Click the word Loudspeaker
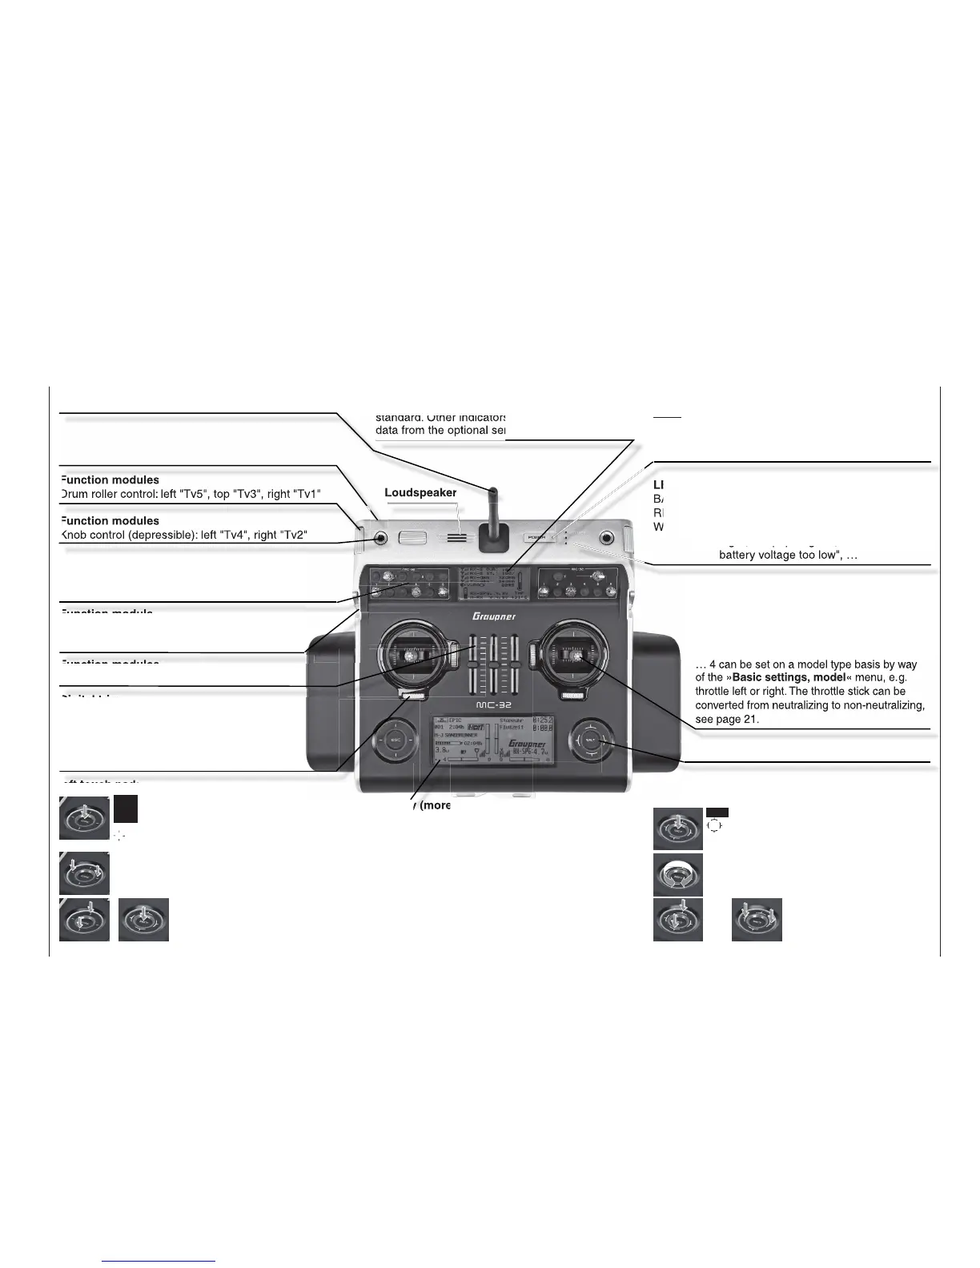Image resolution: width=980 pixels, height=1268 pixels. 420,493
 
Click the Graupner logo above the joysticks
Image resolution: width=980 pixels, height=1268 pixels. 493,616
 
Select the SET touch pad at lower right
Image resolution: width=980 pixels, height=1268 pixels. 591,740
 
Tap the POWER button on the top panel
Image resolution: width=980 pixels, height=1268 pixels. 536,538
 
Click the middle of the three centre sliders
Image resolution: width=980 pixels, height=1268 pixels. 494,664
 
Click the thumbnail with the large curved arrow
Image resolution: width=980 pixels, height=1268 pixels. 678,873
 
